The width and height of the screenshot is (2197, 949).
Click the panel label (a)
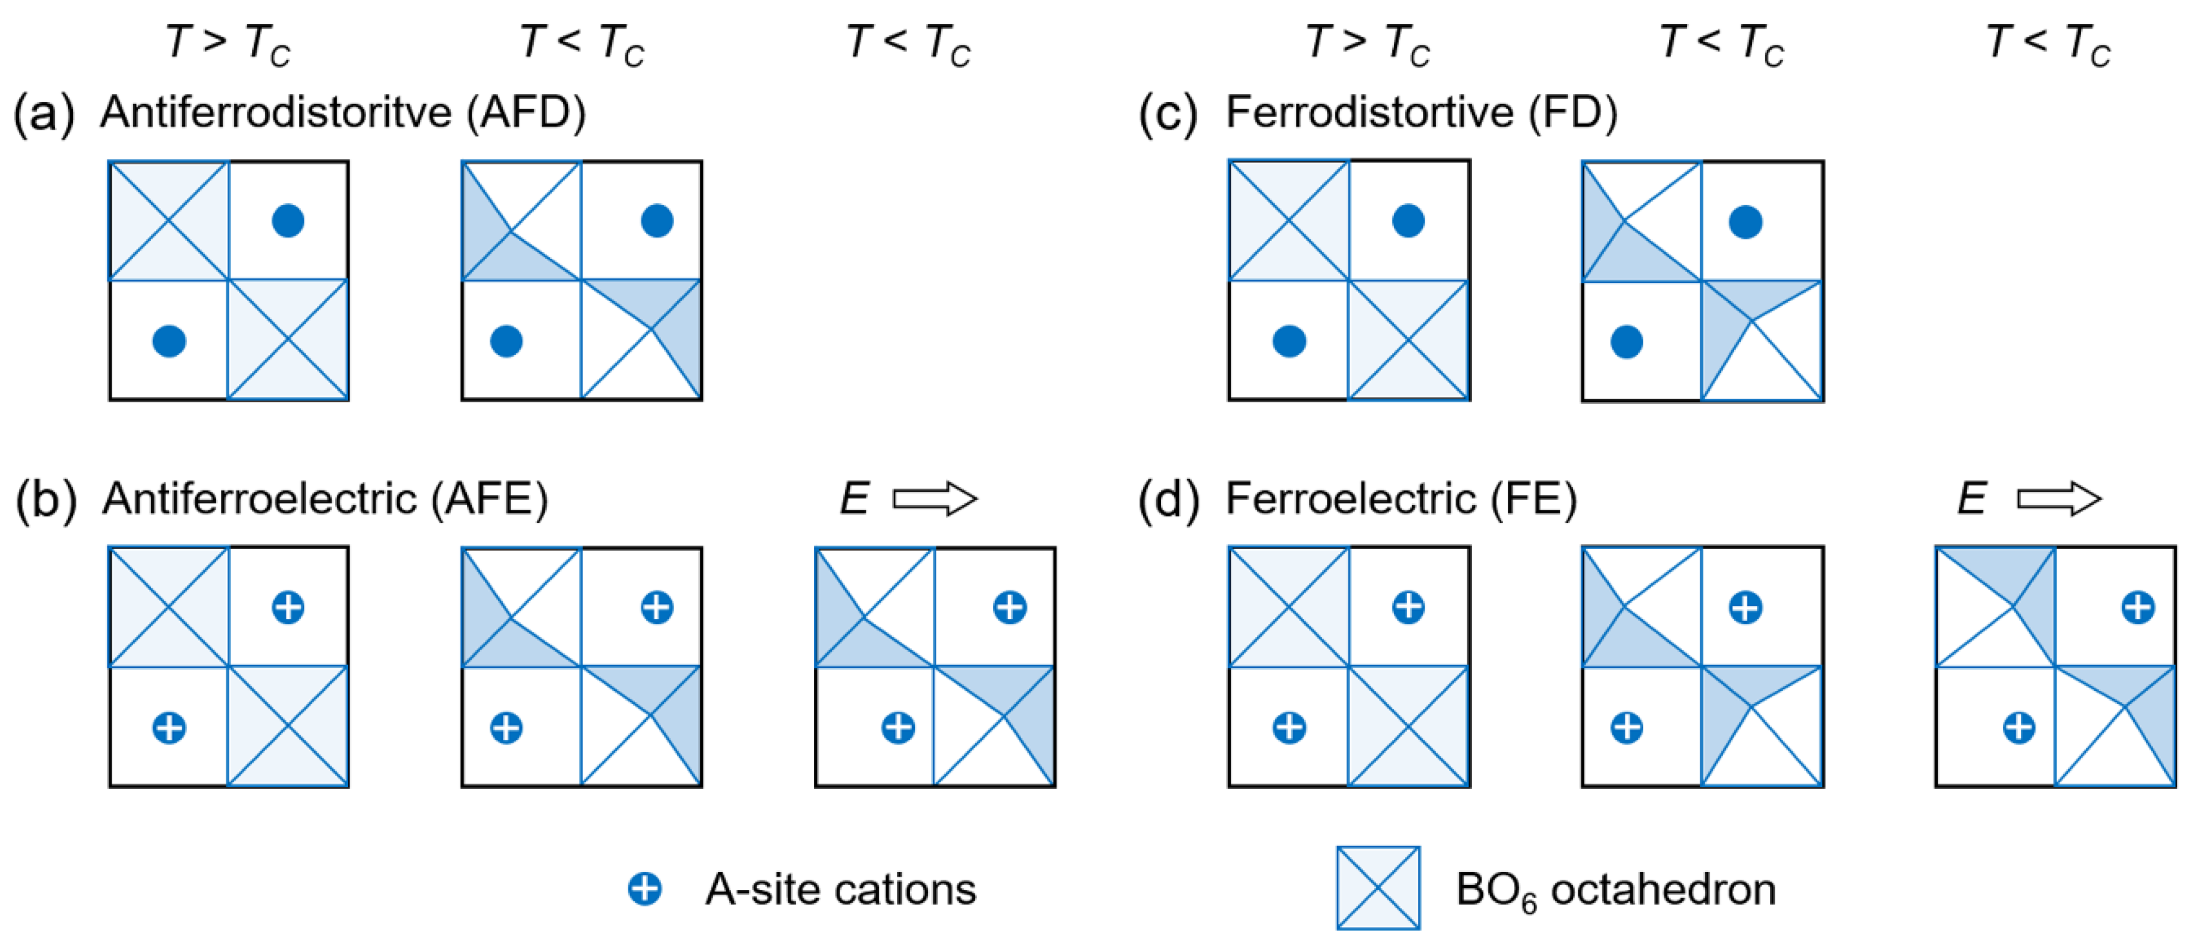(44, 114)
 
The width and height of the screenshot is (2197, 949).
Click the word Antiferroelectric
(259, 498)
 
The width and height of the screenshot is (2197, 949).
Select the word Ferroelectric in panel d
(1350, 498)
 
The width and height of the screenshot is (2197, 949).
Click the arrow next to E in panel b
(935, 498)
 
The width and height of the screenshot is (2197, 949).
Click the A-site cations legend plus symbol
(645, 889)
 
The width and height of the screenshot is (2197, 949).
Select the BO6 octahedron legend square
(1378, 887)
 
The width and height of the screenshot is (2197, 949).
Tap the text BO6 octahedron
(1615, 890)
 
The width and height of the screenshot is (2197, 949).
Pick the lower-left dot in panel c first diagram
(1289, 341)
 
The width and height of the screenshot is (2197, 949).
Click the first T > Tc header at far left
(228, 42)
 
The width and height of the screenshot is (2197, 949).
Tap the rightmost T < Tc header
(2048, 42)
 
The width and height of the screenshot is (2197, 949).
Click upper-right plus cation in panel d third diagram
(2137, 608)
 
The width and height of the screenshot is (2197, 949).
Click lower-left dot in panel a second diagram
(506, 341)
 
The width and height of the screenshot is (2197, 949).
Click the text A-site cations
(840, 889)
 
